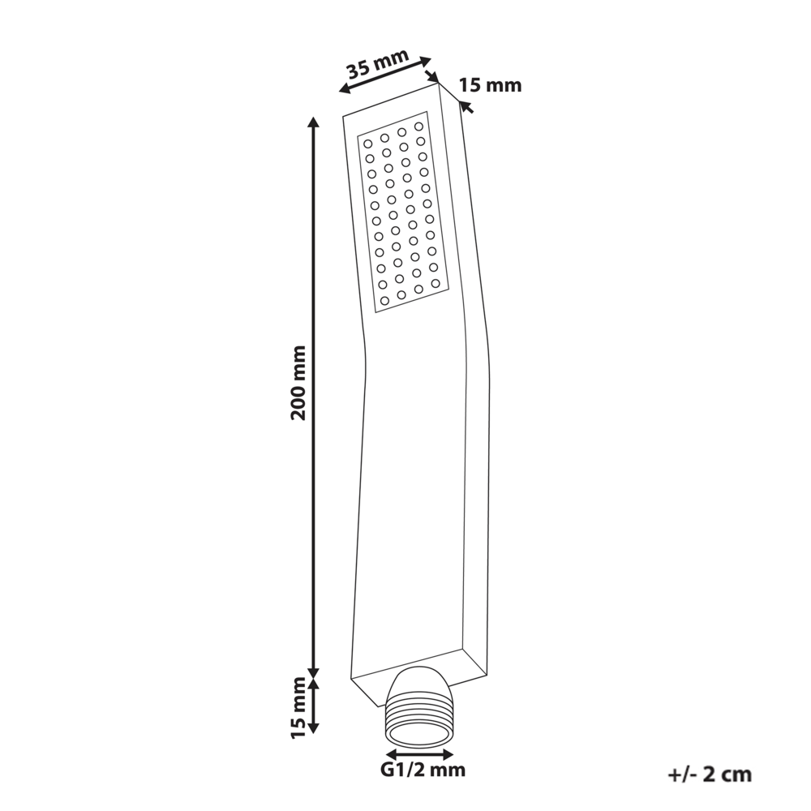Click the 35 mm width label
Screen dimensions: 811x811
coord(378,62)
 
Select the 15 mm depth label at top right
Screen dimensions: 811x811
coord(491,85)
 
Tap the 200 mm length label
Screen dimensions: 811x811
coord(299,383)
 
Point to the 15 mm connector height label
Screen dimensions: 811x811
coord(299,707)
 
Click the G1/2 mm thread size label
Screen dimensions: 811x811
coord(423,770)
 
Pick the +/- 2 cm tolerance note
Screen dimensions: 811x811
coord(710,775)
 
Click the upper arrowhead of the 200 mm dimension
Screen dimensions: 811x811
coord(313,123)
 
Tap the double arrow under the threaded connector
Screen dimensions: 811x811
coord(419,754)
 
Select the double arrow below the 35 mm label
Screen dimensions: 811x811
coord(385,75)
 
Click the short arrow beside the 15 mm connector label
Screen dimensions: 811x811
coord(313,706)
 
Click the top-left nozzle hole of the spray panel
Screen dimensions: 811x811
coord(367,144)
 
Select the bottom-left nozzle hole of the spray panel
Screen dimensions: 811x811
coord(384,301)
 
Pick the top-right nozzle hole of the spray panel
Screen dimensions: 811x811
coord(418,127)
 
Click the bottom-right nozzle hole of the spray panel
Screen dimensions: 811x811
coord(436,283)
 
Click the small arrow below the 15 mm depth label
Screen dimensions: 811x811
coord(467,107)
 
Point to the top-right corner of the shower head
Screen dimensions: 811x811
coord(439,83)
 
